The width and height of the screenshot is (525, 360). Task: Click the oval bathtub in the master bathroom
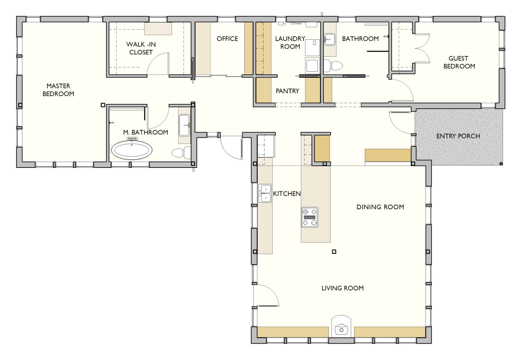tap(132, 150)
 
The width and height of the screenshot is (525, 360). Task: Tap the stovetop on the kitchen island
tap(310, 217)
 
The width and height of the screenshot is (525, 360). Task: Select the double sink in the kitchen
tap(265, 194)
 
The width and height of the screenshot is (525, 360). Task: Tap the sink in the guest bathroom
tap(329, 39)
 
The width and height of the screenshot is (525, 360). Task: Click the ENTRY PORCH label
tap(458, 136)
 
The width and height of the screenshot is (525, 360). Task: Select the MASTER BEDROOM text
tap(58, 90)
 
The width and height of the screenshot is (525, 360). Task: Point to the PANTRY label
tap(287, 91)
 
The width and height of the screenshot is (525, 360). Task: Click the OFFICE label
tap(227, 39)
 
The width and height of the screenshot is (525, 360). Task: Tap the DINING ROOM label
tap(380, 207)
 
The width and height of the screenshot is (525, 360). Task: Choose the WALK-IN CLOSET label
tap(141, 48)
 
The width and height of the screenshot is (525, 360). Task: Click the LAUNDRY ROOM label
tap(290, 42)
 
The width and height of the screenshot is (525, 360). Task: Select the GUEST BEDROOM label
tap(459, 62)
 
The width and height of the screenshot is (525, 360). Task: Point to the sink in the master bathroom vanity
tap(185, 125)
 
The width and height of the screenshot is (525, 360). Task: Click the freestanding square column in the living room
tap(334, 252)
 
